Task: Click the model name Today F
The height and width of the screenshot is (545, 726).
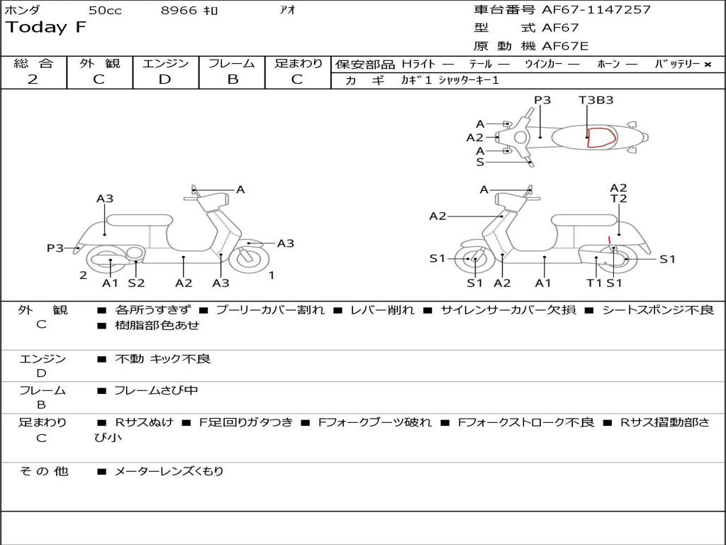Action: (46, 28)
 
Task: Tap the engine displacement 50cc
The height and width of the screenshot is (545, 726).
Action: (105, 11)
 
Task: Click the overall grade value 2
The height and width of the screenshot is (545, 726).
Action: (33, 79)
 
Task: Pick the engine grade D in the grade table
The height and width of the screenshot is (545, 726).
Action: (164, 79)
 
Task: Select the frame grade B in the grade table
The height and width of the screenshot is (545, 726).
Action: (232, 79)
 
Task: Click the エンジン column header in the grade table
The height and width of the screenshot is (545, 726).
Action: (165, 64)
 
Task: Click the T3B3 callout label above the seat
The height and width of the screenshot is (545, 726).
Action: (596, 100)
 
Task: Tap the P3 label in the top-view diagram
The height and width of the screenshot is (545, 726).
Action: (542, 100)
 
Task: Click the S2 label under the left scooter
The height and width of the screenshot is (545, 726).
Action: (136, 283)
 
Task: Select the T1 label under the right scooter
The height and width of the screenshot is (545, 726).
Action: (594, 283)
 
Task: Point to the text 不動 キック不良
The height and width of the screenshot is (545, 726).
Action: (162, 359)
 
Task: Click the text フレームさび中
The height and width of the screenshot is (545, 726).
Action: (156, 390)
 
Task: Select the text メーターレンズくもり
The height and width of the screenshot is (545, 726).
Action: (169, 471)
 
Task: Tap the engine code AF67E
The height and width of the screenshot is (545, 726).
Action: (565, 46)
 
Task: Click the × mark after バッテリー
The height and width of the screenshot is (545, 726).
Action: (707, 65)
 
